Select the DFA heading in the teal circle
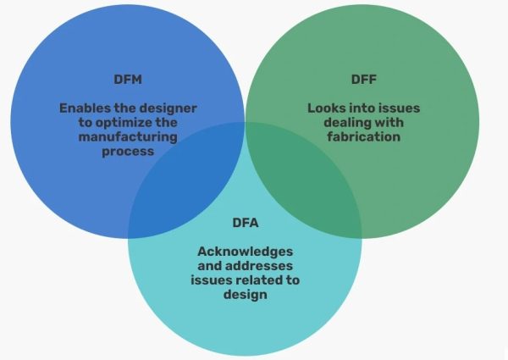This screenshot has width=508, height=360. [x=245, y=224]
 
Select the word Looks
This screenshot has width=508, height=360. [x=326, y=108]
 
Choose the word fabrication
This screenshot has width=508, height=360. [x=365, y=136]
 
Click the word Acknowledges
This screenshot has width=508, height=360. [x=245, y=252]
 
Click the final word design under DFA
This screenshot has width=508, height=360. [x=245, y=295]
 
